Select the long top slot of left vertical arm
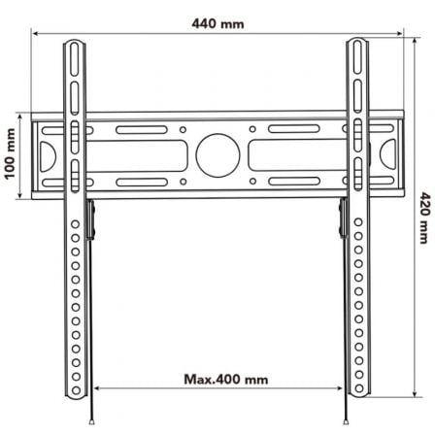[x=75, y=73]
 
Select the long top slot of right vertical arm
[x=359, y=73]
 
